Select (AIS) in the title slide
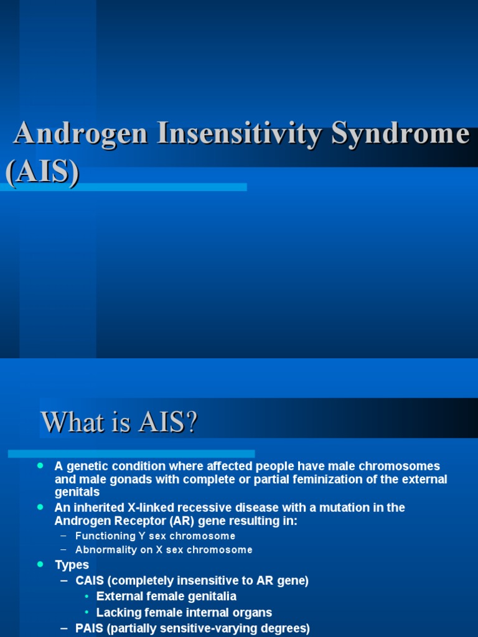coord(42,171)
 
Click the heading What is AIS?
coord(119,423)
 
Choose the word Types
coord(72,565)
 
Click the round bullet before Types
coord(40,564)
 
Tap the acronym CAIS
coord(91,580)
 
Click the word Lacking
coord(118,612)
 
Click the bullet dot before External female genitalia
coord(87,597)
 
